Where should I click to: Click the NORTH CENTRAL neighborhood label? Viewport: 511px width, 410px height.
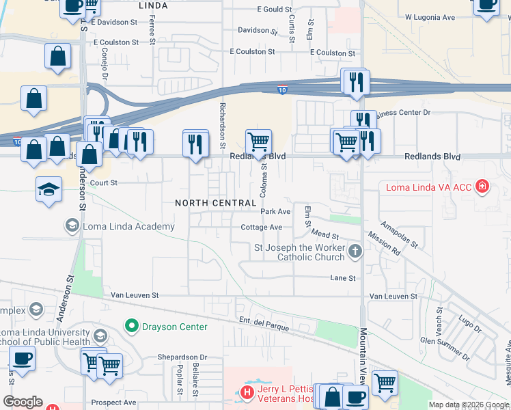click(215, 203)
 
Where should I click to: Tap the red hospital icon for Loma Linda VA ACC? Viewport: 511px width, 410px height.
click(482, 187)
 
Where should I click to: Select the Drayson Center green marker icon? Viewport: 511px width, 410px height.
click(131, 327)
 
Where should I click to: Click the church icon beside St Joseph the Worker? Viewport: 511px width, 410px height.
click(355, 252)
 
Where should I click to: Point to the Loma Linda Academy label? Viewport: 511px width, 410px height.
click(127, 225)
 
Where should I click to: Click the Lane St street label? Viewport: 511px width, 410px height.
click(343, 278)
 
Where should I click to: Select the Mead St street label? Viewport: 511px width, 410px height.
click(324, 236)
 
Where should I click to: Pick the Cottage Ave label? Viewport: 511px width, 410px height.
click(261, 228)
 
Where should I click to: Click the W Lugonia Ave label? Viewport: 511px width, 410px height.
click(430, 16)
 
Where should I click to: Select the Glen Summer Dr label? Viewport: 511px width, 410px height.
click(445, 349)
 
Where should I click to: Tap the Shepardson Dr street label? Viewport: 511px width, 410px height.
click(182, 357)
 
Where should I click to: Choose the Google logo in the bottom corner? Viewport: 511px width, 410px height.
click(23, 402)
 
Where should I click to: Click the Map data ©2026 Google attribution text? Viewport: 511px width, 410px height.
click(469, 405)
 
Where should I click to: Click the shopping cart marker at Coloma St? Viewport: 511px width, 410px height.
click(258, 142)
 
